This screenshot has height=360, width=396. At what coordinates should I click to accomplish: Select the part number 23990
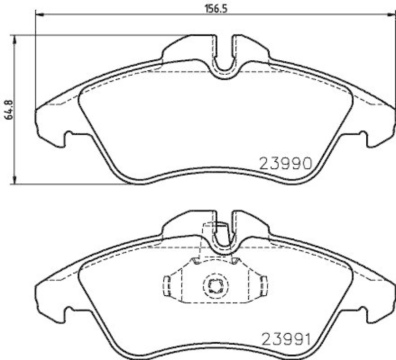(285, 164)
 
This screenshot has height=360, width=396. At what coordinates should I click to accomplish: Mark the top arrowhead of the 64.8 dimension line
(15, 39)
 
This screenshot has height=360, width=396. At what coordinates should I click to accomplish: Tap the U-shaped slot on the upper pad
(225, 63)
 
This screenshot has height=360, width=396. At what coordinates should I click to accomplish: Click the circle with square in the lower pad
(214, 285)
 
